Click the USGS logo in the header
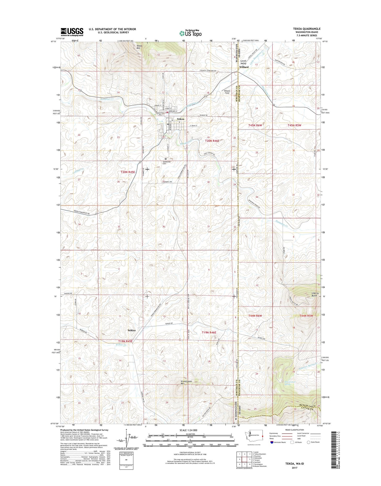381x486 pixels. coord(72,32)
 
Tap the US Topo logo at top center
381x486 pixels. coord(190,33)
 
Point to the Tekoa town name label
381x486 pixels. coord(180,119)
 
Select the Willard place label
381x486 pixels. coord(244,67)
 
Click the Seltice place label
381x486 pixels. coord(132,330)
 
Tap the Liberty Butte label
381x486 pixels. coord(315,294)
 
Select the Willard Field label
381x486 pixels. coord(227,92)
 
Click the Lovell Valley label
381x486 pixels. coord(243,62)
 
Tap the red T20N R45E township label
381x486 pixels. coord(128,172)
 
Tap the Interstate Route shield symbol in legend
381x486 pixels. coord(272,442)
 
